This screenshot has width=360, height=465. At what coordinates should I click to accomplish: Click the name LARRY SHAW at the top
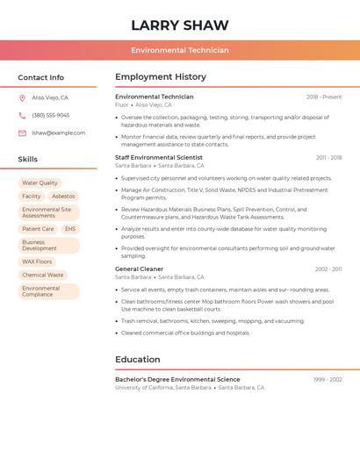tap(180, 25)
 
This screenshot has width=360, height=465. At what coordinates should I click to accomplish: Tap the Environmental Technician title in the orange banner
tap(180, 50)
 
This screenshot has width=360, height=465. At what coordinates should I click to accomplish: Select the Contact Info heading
tap(41, 77)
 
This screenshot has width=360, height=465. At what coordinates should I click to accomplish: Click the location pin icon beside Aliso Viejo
tap(22, 98)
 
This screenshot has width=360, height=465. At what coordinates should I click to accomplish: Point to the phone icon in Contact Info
tap(22, 115)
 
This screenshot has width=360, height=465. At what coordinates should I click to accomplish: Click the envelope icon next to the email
tap(22, 133)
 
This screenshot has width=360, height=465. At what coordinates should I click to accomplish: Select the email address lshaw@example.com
tap(59, 133)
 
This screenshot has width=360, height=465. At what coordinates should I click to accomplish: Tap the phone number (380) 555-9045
tap(51, 115)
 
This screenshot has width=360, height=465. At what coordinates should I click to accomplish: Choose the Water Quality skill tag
tap(40, 183)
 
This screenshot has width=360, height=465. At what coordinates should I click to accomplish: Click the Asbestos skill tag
tap(63, 197)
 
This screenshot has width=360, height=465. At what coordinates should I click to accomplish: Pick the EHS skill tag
tap(70, 229)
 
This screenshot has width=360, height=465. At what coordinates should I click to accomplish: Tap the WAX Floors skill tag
tap(37, 261)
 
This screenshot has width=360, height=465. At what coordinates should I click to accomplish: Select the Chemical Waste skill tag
tap(43, 275)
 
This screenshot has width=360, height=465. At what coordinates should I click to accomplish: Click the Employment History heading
tap(161, 77)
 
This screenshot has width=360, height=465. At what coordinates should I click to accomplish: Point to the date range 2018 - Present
tap(324, 97)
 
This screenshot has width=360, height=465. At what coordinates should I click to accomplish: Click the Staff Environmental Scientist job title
tap(159, 157)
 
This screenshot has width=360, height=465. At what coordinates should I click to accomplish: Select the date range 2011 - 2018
tap(328, 158)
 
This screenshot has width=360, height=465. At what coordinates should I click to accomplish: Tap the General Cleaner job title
tap(139, 268)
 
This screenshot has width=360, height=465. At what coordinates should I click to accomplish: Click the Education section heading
tap(137, 359)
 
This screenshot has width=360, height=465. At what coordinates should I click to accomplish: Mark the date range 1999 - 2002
tap(328, 380)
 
